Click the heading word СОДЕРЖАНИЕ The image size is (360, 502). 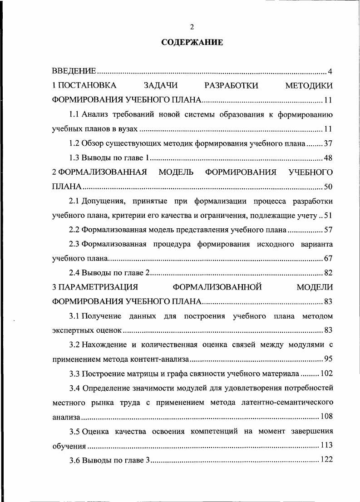(192, 43)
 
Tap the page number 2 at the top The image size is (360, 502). (192, 26)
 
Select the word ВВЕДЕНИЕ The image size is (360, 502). (74, 71)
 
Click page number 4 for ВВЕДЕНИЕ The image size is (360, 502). (330, 71)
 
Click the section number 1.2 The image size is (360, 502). (74, 143)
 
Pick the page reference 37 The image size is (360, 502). (329, 143)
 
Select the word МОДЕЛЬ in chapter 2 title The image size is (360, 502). (177, 172)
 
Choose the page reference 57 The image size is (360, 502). (329, 230)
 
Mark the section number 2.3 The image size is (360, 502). (74, 244)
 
